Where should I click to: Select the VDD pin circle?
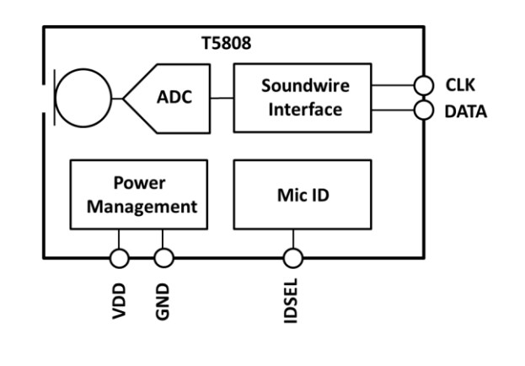[119, 256]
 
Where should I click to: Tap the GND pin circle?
[163, 256]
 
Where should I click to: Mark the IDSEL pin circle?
[292, 256]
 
